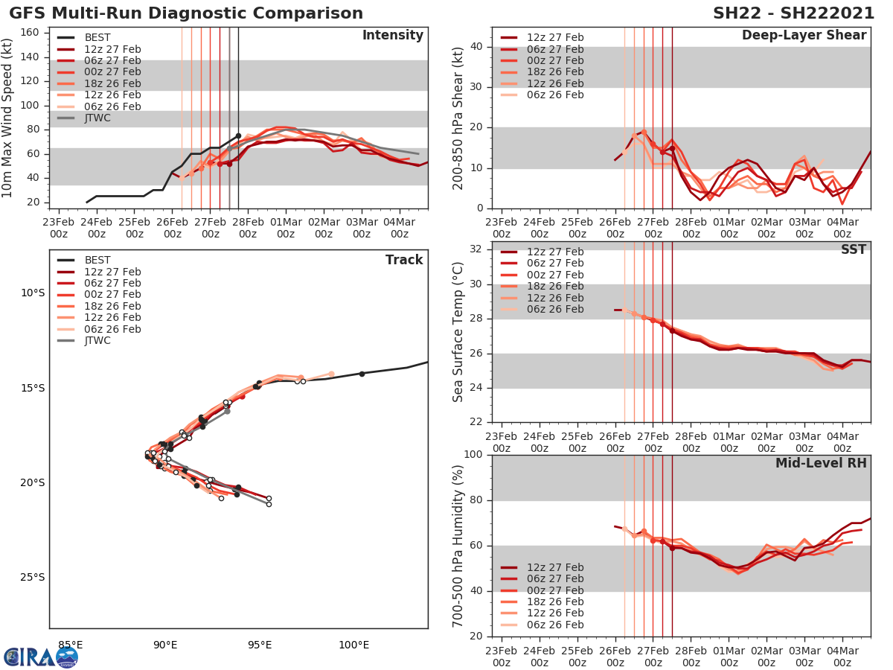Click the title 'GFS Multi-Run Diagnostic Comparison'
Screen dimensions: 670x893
tap(186, 13)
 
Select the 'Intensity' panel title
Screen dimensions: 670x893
tap(392, 36)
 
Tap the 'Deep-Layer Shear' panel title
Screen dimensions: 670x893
tap(804, 36)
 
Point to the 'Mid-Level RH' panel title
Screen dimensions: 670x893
tap(821, 463)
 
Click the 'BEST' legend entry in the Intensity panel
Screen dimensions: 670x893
tap(97, 38)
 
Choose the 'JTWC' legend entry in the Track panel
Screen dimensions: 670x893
tap(97, 341)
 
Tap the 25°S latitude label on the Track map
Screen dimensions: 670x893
tap(32, 577)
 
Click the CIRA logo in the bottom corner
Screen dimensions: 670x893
tap(40, 657)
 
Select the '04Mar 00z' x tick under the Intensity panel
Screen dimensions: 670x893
tap(399, 227)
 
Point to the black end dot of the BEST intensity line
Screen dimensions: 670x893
tap(238, 135)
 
